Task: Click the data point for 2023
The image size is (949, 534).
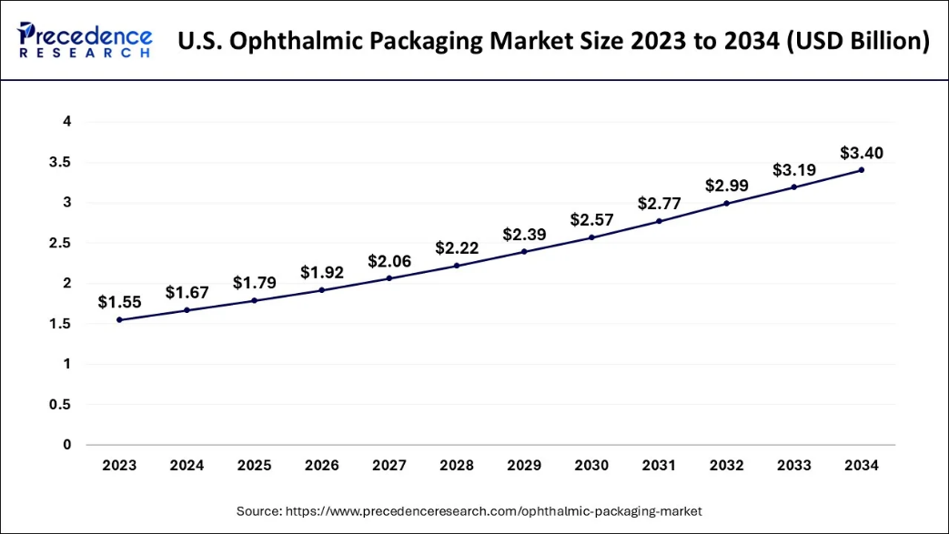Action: pos(119,319)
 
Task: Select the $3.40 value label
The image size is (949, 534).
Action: pos(861,152)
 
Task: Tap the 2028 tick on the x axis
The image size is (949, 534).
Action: pos(457,466)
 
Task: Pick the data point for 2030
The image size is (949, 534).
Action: pos(591,237)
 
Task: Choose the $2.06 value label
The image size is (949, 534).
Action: pos(389,261)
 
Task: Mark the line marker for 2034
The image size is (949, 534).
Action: pos(861,170)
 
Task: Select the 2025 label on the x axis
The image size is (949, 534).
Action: pos(254,466)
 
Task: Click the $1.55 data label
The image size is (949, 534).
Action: pos(119,302)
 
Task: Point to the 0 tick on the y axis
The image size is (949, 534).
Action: pos(67,445)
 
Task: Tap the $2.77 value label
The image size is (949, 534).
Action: pos(659,203)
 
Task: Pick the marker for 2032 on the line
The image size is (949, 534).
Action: pos(726,203)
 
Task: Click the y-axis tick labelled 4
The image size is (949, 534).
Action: pos(67,122)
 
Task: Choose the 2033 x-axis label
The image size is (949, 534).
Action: pos(793,466)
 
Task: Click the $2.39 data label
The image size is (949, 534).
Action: pos(524,234)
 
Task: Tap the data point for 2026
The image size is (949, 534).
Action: pos(322,290)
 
